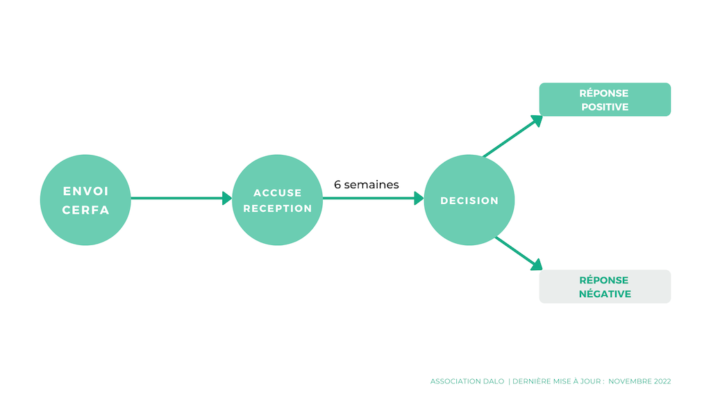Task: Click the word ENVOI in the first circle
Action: (x=85, y=191)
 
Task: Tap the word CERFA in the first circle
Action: (x=85, y=210)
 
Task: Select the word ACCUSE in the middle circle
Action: (x=278, y=193)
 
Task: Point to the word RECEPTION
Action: (x=278, y=208)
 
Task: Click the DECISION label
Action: (x=469, y=201)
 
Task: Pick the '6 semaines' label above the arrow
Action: (x=367, y=185)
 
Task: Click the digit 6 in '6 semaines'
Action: (x=337, y=185)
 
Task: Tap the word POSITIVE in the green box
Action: (x=605, y=107)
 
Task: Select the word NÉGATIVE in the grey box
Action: (x=605, y=294)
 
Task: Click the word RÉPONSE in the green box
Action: (x=604, y=93)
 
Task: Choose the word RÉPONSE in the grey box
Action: (x=604, y=280)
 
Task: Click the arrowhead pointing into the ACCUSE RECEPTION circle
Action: (x=227, y=198)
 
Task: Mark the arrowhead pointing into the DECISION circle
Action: (x=419, y=198)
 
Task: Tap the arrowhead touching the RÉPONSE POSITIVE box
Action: (x=537, y=121)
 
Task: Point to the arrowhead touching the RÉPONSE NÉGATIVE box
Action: (x=537, y=265)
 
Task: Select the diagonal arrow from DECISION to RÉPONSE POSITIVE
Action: (x=513, y=137)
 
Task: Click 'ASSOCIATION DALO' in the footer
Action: (x=467, y=381)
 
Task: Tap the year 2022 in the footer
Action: (x=662, y=381)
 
